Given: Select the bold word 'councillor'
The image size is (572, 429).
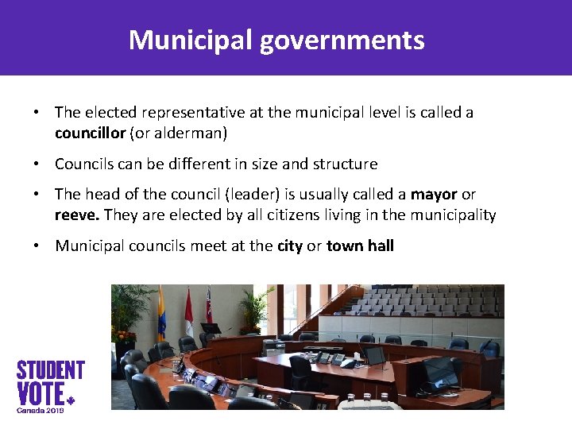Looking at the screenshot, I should pyautogui.click(x=90, y=133).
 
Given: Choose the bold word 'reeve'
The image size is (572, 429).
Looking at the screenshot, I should pyautogui.click(x=76, y=214).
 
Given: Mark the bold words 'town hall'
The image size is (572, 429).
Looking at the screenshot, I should pyautogui.click(x=360, y=245).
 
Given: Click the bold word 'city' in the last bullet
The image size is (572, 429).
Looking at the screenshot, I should pyautogui.click(x=290, y=245).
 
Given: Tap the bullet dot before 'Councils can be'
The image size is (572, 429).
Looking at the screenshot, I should pyautogui.click(x=37, y=164).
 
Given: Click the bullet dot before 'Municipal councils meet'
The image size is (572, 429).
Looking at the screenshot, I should pyautogui.click(x=37, y=245).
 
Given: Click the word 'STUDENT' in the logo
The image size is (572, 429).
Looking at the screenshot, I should pyautogui.click(x=51, y=370).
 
